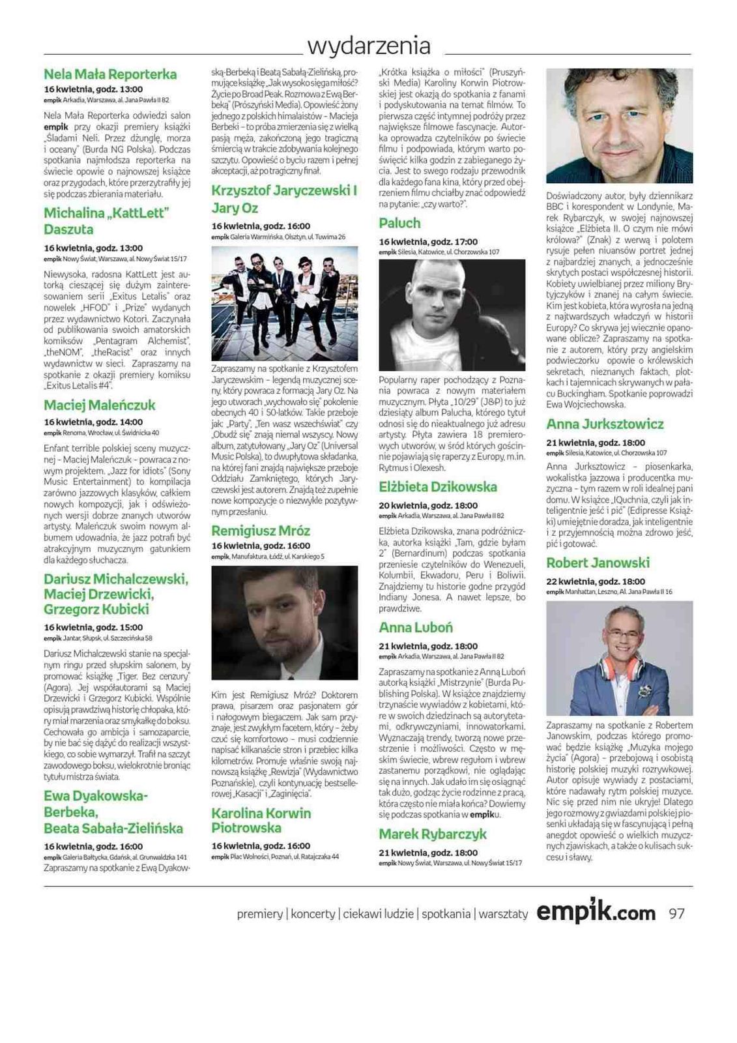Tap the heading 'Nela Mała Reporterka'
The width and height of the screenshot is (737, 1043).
coord(110,74)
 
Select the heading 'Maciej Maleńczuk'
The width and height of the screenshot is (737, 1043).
coord(100,405)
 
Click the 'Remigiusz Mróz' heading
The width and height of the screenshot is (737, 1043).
coord(261,531)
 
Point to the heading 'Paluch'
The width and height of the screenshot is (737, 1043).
coord(399,224)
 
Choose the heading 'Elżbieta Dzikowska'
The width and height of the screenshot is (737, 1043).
coord(437,488)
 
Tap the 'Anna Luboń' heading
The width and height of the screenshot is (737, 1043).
coord(416,628)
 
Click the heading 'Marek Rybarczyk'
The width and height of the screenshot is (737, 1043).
coord(433,834)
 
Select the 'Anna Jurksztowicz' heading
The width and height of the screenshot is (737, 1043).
coord(605,424)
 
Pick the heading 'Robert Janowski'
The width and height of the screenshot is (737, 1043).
coord(598,563)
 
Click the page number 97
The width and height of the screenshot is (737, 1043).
coord(677,914)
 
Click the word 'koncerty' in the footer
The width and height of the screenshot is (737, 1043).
coord(313,915)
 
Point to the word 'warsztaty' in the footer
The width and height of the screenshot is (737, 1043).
coord(503,915)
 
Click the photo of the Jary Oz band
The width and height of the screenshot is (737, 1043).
coord(285,303)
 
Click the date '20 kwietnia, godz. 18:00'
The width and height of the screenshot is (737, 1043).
coord(428,506)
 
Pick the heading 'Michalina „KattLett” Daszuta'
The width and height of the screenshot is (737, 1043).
coord(106,222)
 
